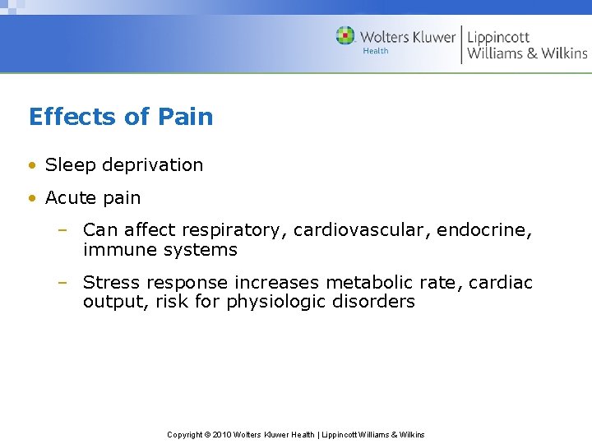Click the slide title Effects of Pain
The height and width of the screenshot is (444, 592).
click(x=121, y=117)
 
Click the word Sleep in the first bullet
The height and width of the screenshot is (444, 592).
click(x=69, y=165)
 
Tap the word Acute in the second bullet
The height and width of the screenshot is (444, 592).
click(x=69, y=198)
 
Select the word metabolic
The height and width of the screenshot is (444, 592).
click(x=366, y=283)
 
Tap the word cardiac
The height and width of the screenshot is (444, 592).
click(x=501, y=283)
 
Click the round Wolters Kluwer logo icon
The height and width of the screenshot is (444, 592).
click(x=345, y=36)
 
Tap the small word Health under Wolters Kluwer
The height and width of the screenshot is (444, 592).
click(x=376, y=51)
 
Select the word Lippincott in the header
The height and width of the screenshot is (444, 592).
click(x=498, y=37)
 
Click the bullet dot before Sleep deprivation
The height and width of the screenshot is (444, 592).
click(x=32, y=165)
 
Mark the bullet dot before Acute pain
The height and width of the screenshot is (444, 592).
click(x=32, y=198)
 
